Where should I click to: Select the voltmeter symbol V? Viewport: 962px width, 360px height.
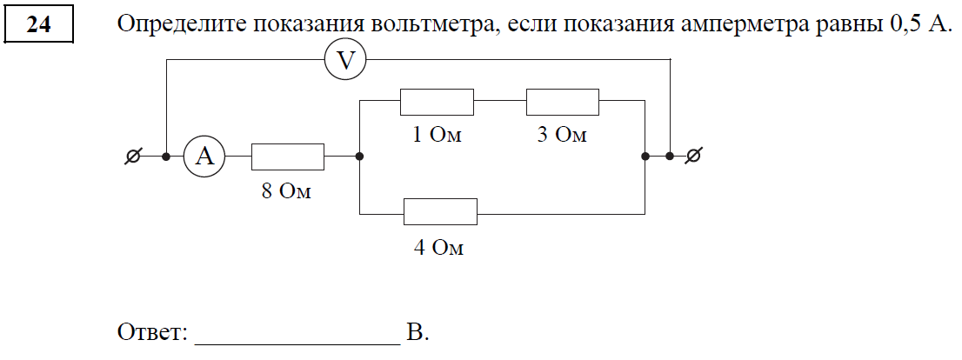click(x=345, y=60)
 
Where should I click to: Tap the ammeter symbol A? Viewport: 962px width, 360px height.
click(x=204, y=157)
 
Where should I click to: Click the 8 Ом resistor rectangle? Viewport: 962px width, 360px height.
click(x=287, y=157)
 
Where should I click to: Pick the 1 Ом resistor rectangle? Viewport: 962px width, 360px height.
click(x=437, y=102)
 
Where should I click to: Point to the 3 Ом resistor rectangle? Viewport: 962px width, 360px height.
click(x=563, y=102)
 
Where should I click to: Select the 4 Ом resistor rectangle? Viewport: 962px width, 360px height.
click(x=440, y=211)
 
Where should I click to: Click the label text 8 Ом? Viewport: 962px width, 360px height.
click(x=286, y=191)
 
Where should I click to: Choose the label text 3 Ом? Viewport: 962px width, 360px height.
click(x=562, y=136)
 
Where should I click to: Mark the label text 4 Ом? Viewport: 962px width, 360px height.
click(x=438, y=248)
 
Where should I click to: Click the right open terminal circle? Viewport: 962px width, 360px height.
click(x=693, y=157)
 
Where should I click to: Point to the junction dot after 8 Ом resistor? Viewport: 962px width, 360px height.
click(x=360, y=157)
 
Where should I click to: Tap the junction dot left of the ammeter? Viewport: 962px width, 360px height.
click(x=166, y=157)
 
